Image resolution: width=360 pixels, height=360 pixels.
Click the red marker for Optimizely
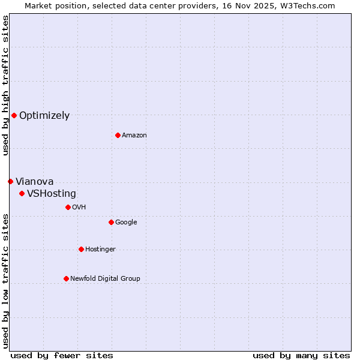tap(14, 115)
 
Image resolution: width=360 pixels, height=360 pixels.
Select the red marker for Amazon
tap(118, 135)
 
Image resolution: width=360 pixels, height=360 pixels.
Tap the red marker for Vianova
tap(10, 181)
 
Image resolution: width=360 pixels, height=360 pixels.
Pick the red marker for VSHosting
tap(22, 193)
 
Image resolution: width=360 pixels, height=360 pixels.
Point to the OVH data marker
tap(68, 207)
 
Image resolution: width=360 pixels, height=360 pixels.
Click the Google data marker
tap(111, 222)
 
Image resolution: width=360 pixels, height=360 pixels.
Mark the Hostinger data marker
tap(81, 249)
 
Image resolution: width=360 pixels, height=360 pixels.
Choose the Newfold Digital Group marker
tap(66, 278)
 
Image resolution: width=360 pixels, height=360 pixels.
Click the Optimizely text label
tap(44, 116)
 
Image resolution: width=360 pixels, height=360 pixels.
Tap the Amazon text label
tap(134, 136)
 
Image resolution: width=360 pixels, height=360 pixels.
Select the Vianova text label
tap(34, 182)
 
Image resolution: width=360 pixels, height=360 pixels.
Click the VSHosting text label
tap(52, 194)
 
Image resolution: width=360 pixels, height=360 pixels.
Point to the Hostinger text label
tap(100, 250)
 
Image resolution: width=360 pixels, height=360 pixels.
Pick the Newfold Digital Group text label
tap(105, 279)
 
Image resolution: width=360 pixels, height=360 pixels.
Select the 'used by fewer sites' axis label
tap(62, 355)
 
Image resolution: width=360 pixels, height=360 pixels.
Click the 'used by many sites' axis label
tap(301, 355)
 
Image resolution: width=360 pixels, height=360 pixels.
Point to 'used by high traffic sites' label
tap(5, 85)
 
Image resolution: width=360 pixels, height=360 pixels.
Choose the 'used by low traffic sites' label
tap(5, 281)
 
